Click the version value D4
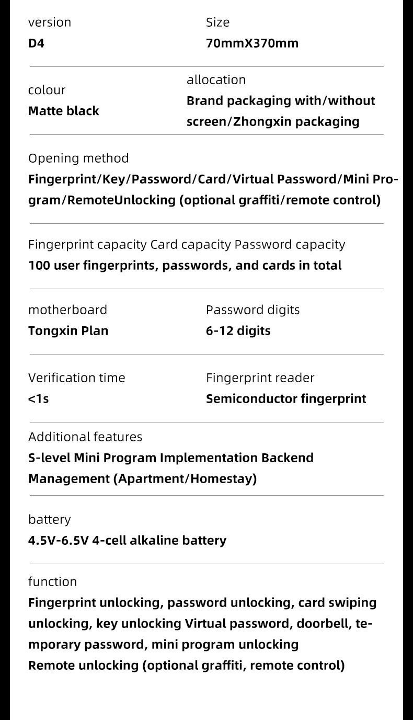[x=37, y=43]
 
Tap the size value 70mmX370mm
[x=252, y=43]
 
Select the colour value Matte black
[x=63, y=111]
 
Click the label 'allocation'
[x=216, y=80]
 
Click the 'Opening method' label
[x=78, y=158]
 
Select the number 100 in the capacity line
[x=39, y=266]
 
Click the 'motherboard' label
[x=67, y=310]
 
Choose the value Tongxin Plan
[x=68, y=331]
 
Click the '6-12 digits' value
[x=238, y=331]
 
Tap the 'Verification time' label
[x=77, y=378]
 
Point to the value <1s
[x=38, y=399]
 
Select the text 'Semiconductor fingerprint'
[x=286, y=399]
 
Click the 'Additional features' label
[x=85, y=437]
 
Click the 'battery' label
[x=49, y=520]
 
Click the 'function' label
[x=52, y=582]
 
